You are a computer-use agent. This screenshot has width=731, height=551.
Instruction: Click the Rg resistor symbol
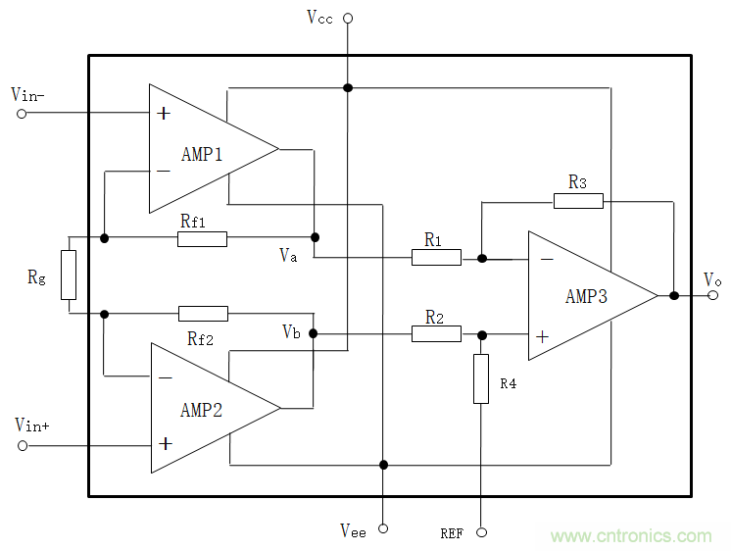pyautogui.click(x=69, y=275)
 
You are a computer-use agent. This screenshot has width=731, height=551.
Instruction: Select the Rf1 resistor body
pyautogui.click(x=203, y=238)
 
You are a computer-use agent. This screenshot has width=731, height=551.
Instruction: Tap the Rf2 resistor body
pyautogui.click(x=203, y=314)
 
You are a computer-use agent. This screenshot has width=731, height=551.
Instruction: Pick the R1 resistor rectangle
pyautogui.click(x=436, y=258)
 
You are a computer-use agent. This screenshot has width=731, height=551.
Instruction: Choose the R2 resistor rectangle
pyautogui.click(x=436, y=333)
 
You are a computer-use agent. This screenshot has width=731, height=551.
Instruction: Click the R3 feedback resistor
pyautogui.click(x=578, y=201)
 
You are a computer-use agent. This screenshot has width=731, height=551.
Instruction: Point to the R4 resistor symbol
pyautogui.click(x=481, y=379)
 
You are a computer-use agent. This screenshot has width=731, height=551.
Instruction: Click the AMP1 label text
pyautogui.click(x=203, y=154)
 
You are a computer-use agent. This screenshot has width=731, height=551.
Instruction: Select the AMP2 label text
pyautogui.click(x=202, y=410)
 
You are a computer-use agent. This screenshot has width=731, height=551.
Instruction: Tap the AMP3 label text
pyautogui.click(x=586, y=296)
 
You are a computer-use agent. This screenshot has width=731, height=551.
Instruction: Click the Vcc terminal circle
pyautogui.click(x=347, y=18)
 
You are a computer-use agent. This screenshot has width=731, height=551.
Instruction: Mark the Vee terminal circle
pyautogui.click(x=383, y=529)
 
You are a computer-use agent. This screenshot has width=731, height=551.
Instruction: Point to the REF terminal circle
pyautogui.click(x=481, y=532)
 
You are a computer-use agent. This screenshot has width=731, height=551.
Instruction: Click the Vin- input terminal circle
pyautogui.click(x=22, y=113)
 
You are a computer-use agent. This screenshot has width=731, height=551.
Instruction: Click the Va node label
pyautogui.click(x=288, y=255)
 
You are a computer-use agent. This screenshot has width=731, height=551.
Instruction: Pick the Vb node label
pyautogui.click(x=291, y=331)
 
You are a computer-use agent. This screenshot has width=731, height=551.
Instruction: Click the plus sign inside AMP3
pyautogui.click(x=542, y=335)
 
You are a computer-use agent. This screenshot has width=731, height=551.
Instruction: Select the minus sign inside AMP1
pyautogui.click(x=163, y=171)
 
